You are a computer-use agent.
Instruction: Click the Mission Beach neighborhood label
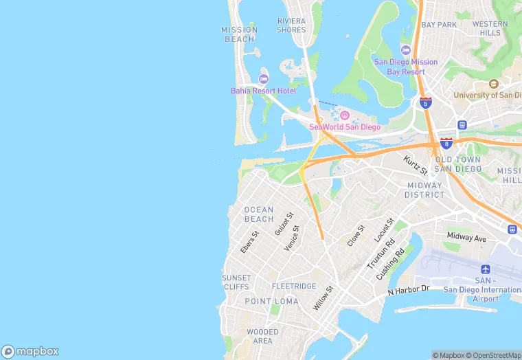coord(239,34)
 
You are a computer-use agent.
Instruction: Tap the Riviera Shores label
coord(291,25)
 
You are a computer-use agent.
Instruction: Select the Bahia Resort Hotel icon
coord(264,79)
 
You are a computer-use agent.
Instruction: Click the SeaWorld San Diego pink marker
coord(345,115)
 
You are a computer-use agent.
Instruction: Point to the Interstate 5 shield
coord(426,103)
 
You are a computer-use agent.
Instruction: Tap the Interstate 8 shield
coord(446,143)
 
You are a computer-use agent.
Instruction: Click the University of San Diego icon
coord(493,84)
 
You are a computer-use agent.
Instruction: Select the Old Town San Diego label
coord(458,164)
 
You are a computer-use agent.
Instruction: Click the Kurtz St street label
coord(416,165)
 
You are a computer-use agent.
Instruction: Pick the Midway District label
coord(425,190)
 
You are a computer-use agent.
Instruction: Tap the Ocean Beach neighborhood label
coord(259,214)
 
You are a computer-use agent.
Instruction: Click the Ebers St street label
coord(249,242)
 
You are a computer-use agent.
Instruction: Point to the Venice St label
coord(293,238)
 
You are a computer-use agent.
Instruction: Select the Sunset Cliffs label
coord(236,282)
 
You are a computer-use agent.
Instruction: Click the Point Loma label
coord(271,302)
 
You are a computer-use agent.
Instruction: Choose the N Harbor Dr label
coord(408,290)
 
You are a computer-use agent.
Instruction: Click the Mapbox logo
coord(30,351)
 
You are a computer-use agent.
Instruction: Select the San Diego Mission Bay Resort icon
coord(405,50)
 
